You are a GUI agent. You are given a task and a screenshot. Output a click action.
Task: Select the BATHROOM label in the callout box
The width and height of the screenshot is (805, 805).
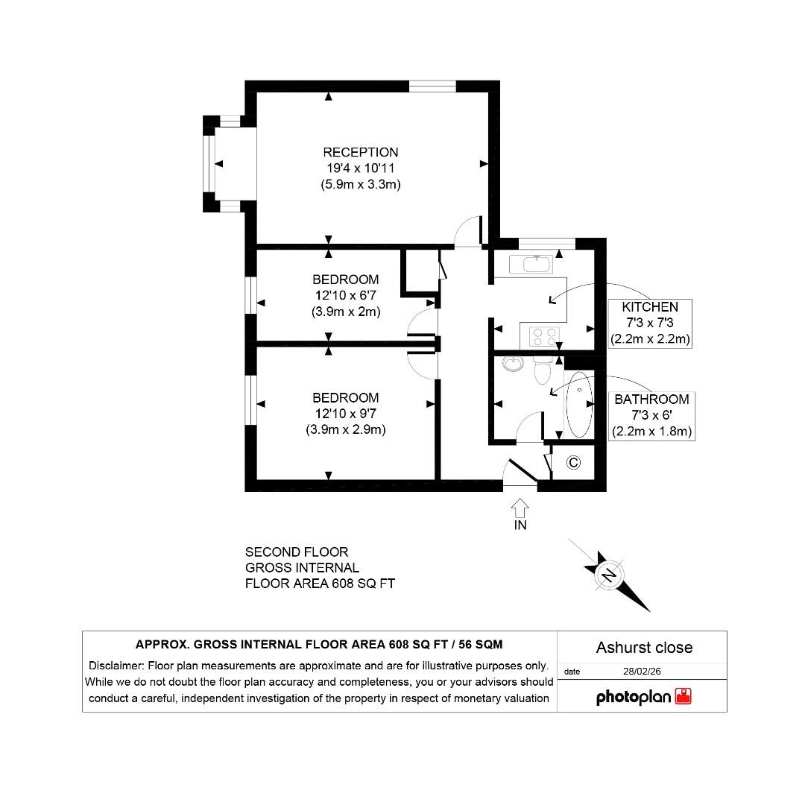click(x=651, y=400)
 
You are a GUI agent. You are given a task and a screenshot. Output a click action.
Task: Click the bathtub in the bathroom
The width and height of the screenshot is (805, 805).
click(x=578, y=403)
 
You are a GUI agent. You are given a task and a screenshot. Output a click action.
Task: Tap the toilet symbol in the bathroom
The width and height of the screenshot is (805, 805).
click(x=543, y=369)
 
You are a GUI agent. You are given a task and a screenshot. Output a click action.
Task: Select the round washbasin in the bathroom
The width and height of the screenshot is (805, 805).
click(x=512, y=363)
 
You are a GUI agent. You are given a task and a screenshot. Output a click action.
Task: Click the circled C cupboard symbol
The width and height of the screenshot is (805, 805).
click(x=573, y=463)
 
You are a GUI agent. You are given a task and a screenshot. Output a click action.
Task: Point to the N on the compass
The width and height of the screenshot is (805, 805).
click(x=609, y=575)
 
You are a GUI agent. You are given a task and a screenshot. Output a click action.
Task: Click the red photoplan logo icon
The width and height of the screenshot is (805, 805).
click(x=683, y=697)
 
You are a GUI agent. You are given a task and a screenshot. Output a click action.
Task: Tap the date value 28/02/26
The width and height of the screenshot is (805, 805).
click(x=642, y=671)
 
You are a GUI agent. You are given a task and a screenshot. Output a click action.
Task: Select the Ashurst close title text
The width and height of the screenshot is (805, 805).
click(x=644, y=647)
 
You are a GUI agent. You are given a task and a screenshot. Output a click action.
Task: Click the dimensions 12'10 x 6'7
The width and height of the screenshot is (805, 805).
click(x=345, y=296)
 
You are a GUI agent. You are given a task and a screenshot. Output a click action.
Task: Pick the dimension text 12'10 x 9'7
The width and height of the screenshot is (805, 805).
click(x=345, y=414)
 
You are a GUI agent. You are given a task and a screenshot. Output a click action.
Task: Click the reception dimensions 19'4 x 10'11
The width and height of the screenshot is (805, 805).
click(x=356, y=168)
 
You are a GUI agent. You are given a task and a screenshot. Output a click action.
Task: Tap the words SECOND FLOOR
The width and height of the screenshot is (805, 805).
click(x=297, y=552)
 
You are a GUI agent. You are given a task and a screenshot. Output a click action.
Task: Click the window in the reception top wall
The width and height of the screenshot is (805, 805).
click(x=432, y=86)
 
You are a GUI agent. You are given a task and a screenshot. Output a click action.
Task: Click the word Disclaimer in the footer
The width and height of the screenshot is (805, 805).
click(x=116, y=666)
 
